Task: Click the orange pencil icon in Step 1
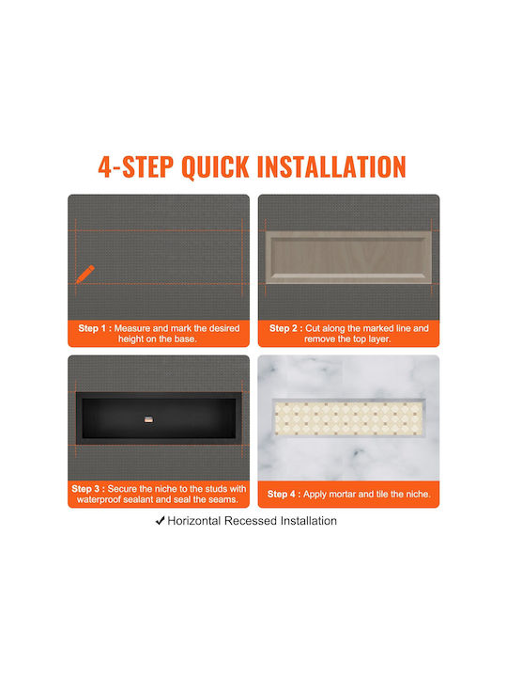84,275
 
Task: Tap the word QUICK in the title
215,166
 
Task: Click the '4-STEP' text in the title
136,166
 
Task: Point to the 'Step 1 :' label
95,328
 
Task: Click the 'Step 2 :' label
286,328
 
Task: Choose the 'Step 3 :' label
88,489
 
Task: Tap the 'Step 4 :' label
284,494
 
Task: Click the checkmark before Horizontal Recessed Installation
160,521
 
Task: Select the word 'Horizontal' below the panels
194,521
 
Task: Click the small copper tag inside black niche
148,418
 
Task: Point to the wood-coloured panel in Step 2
348,258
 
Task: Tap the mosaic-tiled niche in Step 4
348,417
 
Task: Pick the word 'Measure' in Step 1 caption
132,328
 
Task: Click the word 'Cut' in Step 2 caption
313,328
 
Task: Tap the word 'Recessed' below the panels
251,521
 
